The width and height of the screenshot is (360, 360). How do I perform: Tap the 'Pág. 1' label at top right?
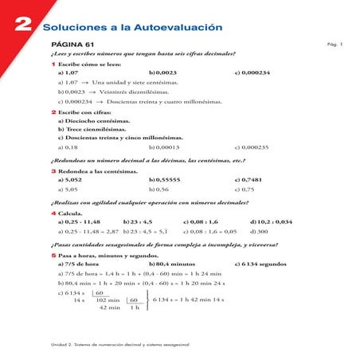pyautogui.click(x=335, y=45)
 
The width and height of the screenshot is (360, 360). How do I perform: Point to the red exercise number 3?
pyautogui.click(x=53, y=171)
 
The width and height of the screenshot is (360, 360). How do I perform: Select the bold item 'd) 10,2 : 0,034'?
pyautogui.click(x=271, y=222)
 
